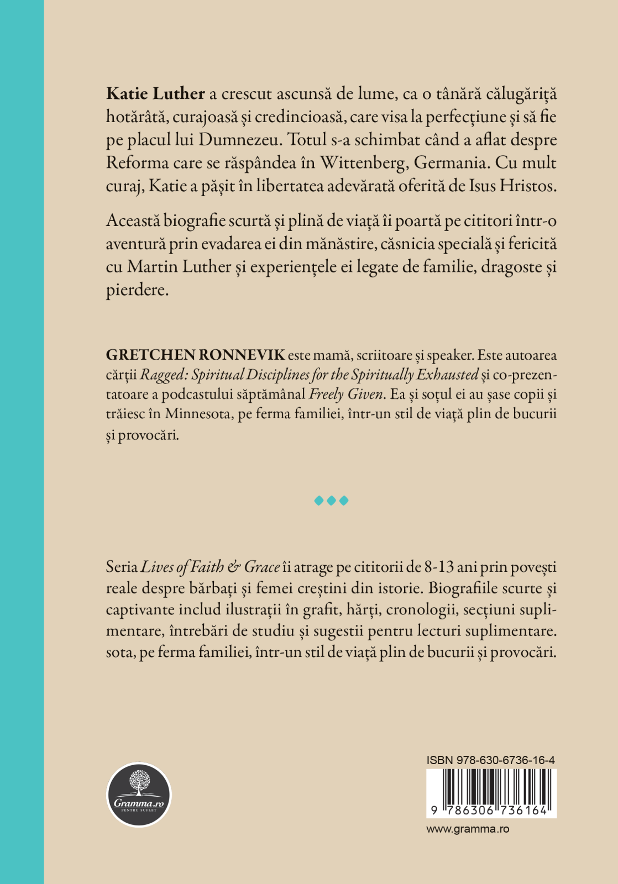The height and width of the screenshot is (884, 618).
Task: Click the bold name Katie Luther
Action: (x=155, y=93)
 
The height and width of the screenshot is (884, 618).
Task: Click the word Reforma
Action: (x=137, y=163)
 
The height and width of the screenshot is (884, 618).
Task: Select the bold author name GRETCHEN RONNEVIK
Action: (x=195, y=355)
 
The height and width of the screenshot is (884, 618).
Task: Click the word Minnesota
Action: (x=197, y=414)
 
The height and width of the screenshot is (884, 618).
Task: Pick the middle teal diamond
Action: (x=331, y=501)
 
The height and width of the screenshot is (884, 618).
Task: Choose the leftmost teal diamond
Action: (x=318, y=501)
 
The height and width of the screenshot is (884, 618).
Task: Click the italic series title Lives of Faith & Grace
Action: (x=210, y=567)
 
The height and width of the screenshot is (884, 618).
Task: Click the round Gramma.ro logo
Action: (x=139, y=794)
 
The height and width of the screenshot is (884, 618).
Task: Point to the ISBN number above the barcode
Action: (x=491, y=760)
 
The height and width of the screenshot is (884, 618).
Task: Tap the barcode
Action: (x=491, y=793)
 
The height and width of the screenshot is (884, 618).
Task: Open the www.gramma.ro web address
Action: (x=468, y=829)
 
